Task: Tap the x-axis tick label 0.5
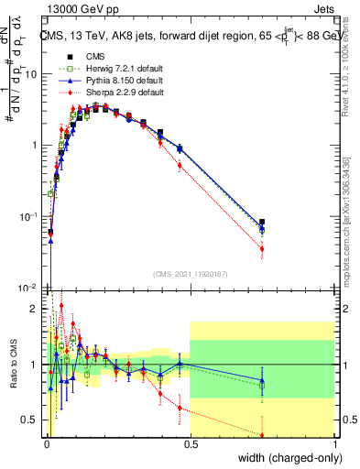click(x=190, y=446)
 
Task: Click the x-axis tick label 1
click(x=333, y=446)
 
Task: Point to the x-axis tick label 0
click(x=47, y=446)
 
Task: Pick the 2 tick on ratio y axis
click(x=37, y=309)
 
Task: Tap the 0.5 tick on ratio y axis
click(x=33, y=420)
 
